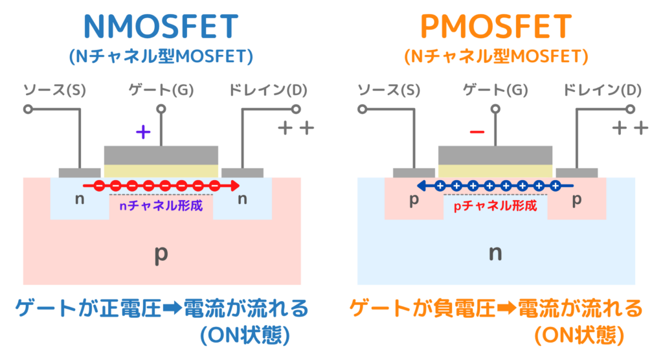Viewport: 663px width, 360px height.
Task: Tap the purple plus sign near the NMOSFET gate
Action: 143,133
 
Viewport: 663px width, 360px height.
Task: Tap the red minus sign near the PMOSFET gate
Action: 477,133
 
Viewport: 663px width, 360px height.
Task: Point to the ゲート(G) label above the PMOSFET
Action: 495,90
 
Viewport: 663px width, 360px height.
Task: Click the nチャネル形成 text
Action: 162,207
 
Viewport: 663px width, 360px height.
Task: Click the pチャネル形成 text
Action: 496,207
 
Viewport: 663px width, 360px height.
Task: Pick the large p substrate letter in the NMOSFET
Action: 161,254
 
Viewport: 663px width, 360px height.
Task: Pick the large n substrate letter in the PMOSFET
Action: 495,254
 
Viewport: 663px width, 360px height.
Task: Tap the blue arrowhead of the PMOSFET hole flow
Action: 422,186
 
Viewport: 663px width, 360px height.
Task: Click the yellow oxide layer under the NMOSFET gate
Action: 161,171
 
